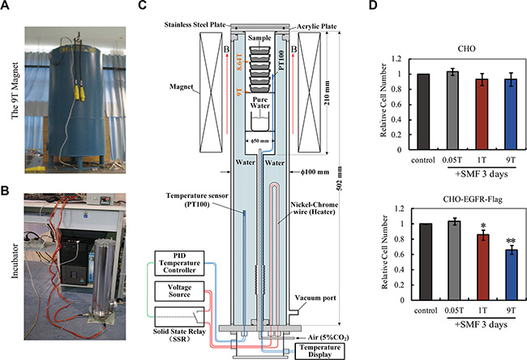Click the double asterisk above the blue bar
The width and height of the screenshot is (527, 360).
[x=489, y=242]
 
